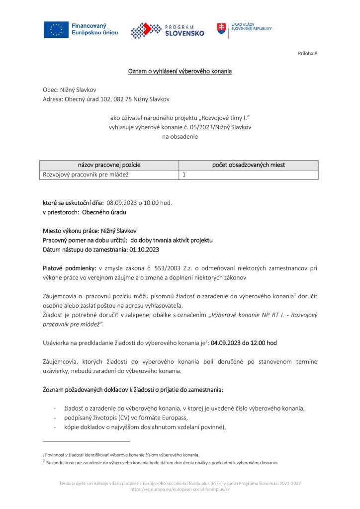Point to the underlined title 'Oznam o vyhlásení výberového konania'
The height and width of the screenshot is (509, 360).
click(x=180, y=72)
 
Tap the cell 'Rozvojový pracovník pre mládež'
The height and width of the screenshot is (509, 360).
click(x=85, y=174)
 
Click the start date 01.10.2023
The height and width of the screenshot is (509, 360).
click(x=147, y=249)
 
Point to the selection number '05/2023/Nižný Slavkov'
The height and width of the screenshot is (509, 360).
click(x=221, y=127)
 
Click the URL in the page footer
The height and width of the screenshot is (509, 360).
click(x=180, y=489)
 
